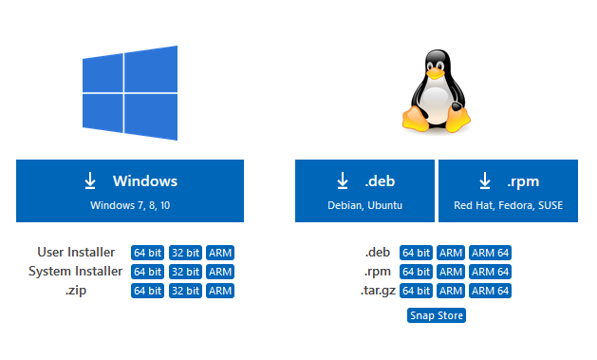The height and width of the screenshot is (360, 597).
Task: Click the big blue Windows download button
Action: pyautogui.click(x=130, y=191)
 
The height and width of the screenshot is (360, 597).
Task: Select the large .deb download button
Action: pyautogui.click(x=364, y=191)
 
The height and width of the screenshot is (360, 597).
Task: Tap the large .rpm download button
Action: pyautogui.click(x=509, y=191)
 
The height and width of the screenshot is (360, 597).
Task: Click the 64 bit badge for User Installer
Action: pyautogui.click(x=147, y=253)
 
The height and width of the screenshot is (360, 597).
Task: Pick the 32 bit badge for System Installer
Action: pyautogui.click(x=185, y=272)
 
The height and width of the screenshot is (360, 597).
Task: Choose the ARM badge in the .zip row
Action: pyautogui.click(x=220, y=291)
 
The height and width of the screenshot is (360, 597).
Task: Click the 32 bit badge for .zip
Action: pyautogui.click(x=185, y=291)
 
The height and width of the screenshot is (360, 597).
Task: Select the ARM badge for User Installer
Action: pyautogui.click(x=220, y=253)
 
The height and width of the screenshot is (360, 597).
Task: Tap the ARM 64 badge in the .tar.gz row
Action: pyautogui.click(x=490, y=291)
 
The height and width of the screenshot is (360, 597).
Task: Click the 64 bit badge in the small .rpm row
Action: pyautogui.click(x=416, y=272)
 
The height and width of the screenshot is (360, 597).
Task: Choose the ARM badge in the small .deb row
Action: pyautogui.click(x=451, y=253)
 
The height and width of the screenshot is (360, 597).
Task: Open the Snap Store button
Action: pyautogui.click(x=437, y=315)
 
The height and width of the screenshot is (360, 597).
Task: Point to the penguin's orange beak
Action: pyautogui.click(x=435, y=73)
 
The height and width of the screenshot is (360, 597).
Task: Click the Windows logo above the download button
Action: pyautogui.click(x=130, y=93)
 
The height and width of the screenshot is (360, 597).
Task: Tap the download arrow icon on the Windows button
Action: pyautogui.click(x=90, y=180)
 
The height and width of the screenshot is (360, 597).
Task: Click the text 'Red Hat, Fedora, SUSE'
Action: pyautogui.click(x=509, y=205)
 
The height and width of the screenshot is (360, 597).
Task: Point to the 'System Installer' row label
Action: pyautogui.click(x=75, y=272)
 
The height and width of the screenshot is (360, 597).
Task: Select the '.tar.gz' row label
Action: pyautogui.click(x=378, y=291)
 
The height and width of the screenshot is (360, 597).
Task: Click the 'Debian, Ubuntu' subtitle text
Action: pyautogui.click(x=364, y=205)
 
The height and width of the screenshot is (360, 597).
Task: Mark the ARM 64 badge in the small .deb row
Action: pyautogui.click(x=490, y=253)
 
